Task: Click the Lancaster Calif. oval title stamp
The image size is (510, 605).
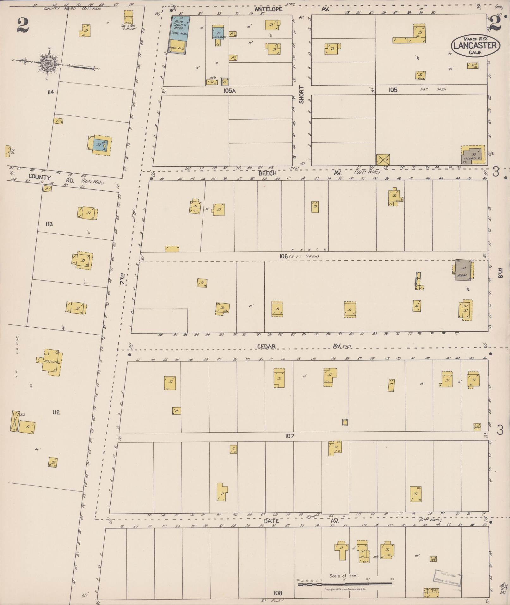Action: (x=476, y=45)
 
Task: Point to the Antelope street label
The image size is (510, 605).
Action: (x=268, y=9)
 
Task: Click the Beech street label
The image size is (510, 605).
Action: (x=267, y=173)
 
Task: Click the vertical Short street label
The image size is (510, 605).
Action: (x=301, y=94)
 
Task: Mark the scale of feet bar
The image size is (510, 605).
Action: (x=345, y=584)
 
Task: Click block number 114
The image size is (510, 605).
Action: (x=50, y=92)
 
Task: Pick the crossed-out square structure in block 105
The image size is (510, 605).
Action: (x=383, y=160)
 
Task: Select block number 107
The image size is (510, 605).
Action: (x=289, y=436)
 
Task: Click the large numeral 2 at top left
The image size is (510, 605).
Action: (x=23, y=25)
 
